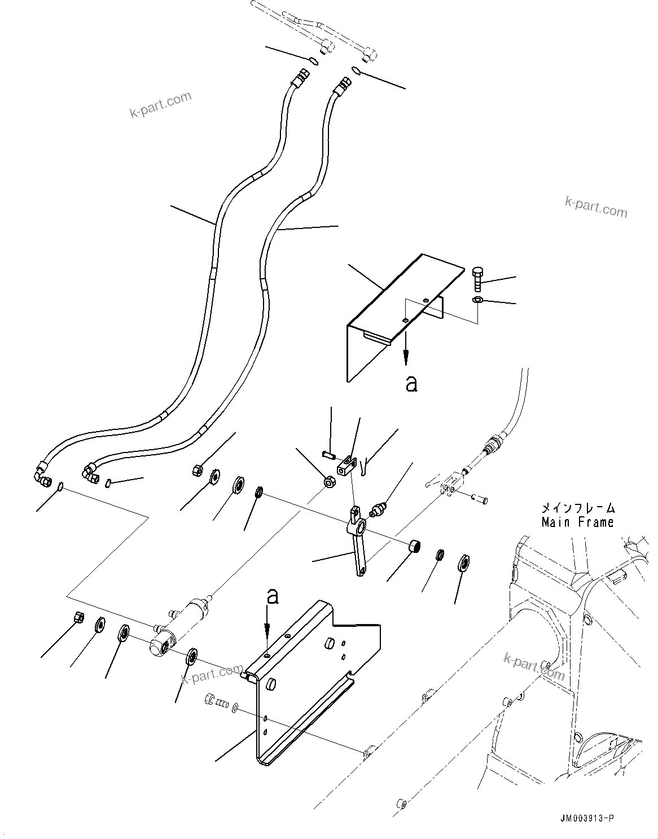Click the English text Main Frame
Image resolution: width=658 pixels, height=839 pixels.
(577, 522)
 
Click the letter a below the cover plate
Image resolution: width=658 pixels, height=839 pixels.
(412, 384)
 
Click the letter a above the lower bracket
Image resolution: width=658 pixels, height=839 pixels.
(273, 596)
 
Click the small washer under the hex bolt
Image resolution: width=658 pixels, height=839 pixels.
(477, 299)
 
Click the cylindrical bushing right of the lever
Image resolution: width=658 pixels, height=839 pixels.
(416, 546)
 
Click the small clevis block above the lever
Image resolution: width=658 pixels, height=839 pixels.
(347, 467)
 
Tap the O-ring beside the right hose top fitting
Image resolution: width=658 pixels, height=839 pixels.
(356, 70)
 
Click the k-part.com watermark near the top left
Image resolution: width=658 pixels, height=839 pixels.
(160, 104)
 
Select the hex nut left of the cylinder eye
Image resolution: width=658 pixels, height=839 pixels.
(80, 617)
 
